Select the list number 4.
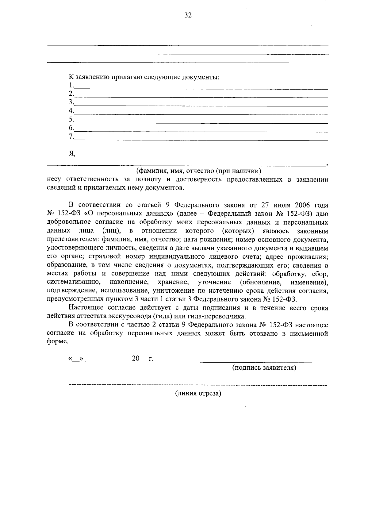[71, 110]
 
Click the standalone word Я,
[72, 154]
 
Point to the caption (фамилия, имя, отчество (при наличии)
[199, 171]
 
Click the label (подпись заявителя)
[264, 368]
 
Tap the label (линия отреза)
[198, 394]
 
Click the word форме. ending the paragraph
[57, 342]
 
